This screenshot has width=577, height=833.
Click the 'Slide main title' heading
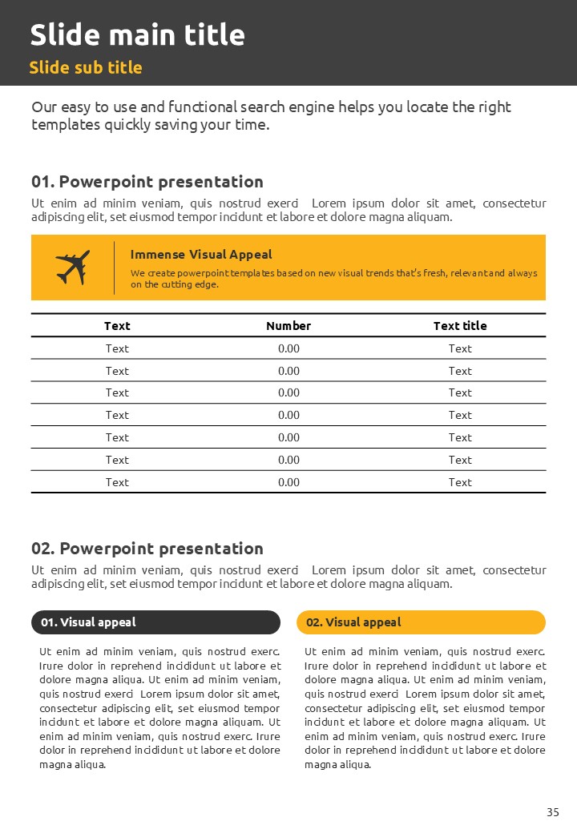137,35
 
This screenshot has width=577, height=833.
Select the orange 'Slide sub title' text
86,67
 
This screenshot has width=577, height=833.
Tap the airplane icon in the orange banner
72,268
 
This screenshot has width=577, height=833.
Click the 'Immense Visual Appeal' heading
201,255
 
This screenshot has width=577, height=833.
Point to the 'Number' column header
288,326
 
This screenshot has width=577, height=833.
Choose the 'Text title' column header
460,326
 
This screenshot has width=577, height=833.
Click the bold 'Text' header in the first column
117,326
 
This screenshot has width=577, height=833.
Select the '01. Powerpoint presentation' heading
147,182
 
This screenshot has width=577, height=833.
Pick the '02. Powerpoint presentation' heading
147,549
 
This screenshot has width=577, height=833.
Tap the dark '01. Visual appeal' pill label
155,622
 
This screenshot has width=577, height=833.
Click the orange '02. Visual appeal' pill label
421,622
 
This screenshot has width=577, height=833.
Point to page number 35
553,812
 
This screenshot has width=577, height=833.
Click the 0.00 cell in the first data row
288,348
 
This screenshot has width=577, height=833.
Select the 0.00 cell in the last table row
288,482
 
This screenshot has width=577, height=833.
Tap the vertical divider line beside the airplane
114,263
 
